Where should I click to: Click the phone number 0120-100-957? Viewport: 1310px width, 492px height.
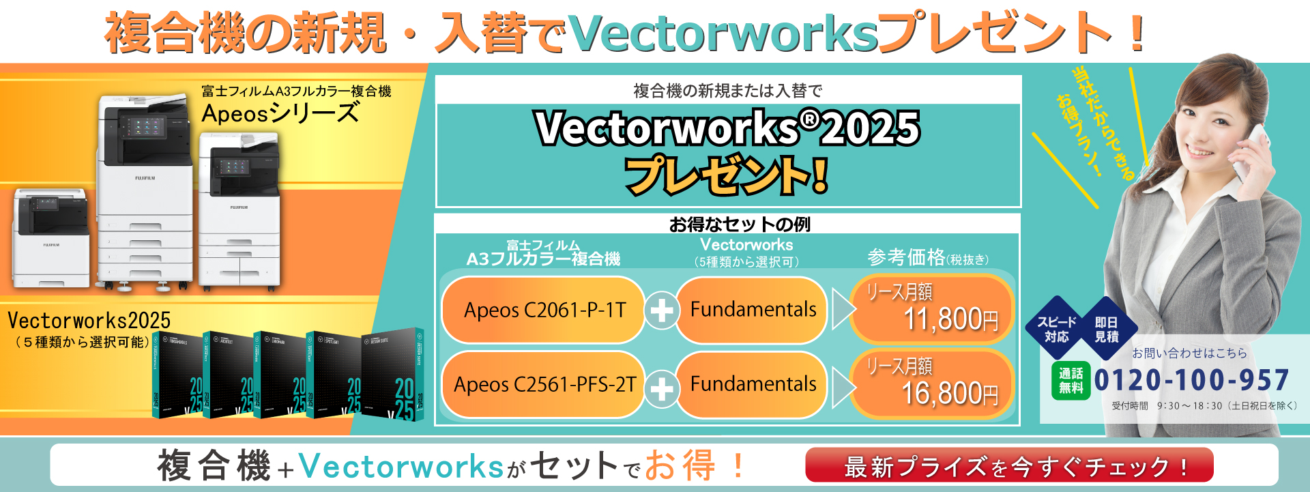click(x=1191, y=380)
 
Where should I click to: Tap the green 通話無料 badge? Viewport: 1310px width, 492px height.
click(x=1071, y=381)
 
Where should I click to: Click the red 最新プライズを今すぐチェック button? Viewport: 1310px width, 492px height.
click(x=1009, y=466)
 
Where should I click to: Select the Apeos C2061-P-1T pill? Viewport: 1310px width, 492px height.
click(x=544, y=310)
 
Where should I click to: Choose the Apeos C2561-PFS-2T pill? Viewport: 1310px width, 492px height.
click(x=544, y=384)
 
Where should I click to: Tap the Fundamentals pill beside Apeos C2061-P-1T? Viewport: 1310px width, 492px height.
click(x=753, y=310)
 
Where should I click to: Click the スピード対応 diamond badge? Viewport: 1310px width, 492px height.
click(x=1056, y=329)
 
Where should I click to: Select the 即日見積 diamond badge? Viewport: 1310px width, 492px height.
click(x=1106, y=329)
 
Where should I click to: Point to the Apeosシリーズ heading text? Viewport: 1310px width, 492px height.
click(x=280, y=113)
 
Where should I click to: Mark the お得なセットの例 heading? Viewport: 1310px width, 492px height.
click(x=740, y=224)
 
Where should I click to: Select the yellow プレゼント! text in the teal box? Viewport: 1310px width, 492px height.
click(x=727, y=175)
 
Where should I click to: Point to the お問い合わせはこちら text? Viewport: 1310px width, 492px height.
click(x=1189, y=353)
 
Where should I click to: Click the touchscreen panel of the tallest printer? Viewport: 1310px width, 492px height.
click(x=143, y=126)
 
